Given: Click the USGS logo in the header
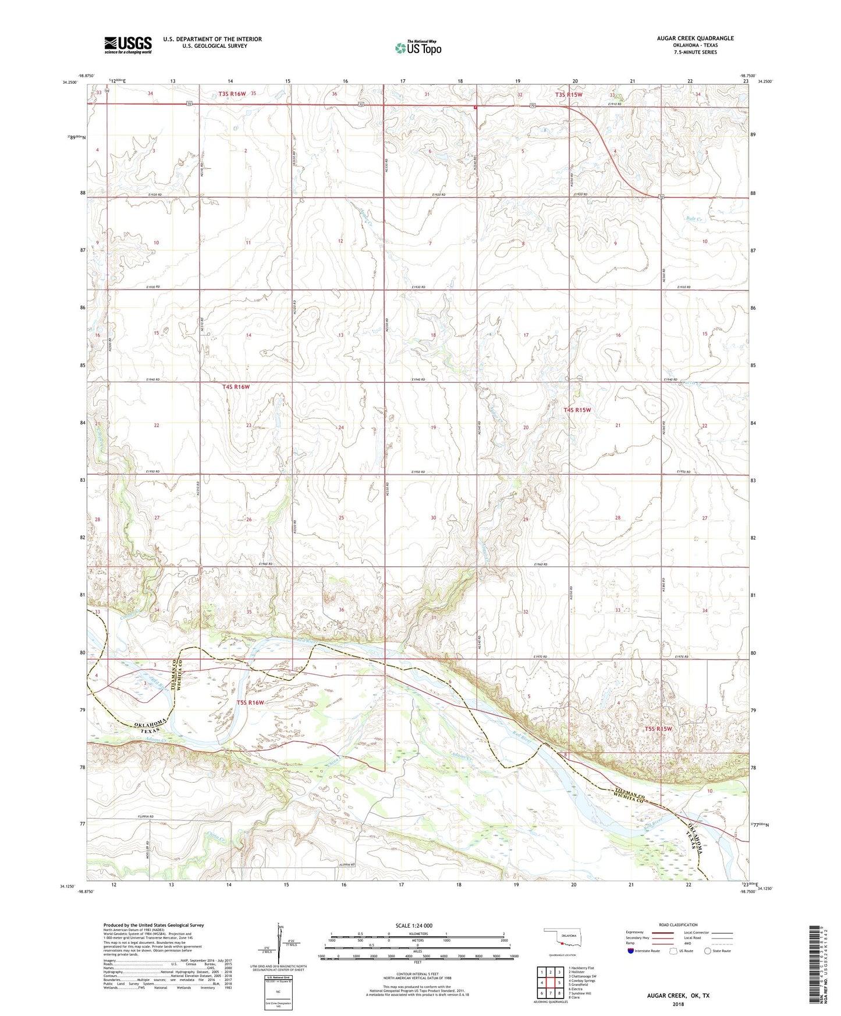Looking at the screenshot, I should pyautogui.click(x=128, y=45).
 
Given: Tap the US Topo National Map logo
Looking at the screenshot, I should pyautogui.click(x=418, y=47).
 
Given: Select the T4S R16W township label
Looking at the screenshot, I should pyautogui.click(x=236, y=387).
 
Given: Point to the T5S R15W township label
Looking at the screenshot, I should pyautogui.click(x=658, y=729).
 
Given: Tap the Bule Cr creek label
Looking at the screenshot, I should pyautogui.click(x=695, y=219).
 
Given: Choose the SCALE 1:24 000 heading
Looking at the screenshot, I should pyautogui.click(x=413, y=926).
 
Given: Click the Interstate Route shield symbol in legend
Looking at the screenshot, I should pyautogui.click(x=631, y=951).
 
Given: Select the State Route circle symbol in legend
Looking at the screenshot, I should pyautogui.click(x=707, y=951).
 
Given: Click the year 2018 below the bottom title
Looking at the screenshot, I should pyautogui.click(x=678, y=1004).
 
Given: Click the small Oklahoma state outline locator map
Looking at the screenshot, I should pyautogui.click(x=562, y=939).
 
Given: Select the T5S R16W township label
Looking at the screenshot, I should pyautogui.click(x=250, y=702).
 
